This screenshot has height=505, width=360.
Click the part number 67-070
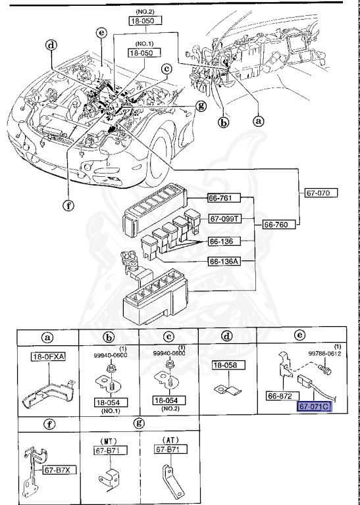(321, 193)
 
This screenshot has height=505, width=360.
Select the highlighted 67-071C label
(315, 407)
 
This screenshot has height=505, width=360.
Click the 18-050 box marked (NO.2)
(145, 21)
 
